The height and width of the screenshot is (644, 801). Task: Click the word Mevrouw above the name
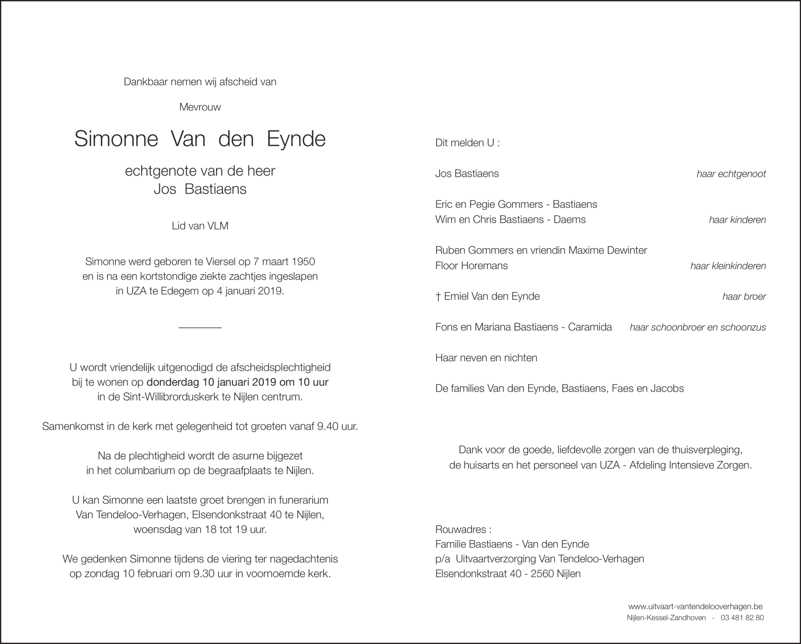[200, 107]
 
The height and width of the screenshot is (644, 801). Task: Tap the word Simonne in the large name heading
[116, 139]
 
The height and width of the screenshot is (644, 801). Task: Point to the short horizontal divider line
[200, 328]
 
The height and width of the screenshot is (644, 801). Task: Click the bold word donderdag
[172, 382]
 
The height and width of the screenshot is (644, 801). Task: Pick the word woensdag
[156, 529]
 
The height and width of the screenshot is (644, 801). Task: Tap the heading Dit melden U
[467, 143]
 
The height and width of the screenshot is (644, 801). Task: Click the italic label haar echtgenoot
[731, 174]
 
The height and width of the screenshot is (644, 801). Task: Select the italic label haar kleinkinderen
[728, 266]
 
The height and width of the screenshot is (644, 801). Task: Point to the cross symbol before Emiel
[438, 297]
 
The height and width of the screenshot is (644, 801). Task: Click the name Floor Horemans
[471, 266]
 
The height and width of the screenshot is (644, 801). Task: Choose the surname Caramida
[590, 327]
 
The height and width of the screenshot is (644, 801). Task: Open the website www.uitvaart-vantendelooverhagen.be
[695, 606]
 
